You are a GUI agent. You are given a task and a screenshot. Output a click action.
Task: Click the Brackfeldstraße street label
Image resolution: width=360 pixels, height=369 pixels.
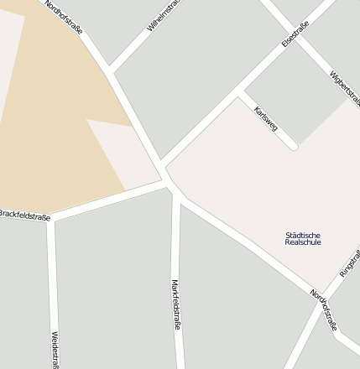coord(24,216)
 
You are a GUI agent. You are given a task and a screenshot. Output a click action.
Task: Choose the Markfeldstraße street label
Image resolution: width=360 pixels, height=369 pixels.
coord(176,304)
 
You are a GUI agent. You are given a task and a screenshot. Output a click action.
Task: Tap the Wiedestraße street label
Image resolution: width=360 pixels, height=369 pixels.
coord(55,349)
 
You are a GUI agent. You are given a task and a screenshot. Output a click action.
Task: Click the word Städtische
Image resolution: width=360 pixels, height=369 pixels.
coord(303,235)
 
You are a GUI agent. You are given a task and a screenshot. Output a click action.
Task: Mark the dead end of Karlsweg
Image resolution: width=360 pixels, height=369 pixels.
coord(293,146)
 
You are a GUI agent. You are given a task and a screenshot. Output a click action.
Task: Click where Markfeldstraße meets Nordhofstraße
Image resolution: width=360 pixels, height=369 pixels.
coord(176,195)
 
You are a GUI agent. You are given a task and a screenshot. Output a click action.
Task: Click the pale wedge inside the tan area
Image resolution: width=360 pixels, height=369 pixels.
coord(117,151)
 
